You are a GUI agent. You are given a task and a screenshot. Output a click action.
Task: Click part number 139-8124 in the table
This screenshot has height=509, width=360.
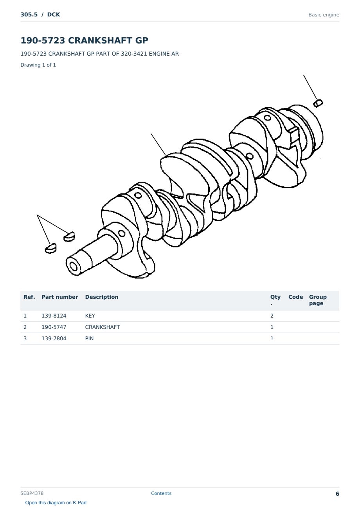click(x=54, y=316)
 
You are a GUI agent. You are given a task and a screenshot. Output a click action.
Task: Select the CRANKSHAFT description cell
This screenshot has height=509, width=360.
click(x=102, y=327)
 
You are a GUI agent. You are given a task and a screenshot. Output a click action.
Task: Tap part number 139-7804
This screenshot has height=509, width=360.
click(x=54, y=338)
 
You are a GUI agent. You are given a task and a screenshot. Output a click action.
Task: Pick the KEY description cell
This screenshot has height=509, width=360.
click(x=90, y=316)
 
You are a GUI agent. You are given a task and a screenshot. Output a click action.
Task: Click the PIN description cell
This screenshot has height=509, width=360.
click(x=89, y=338)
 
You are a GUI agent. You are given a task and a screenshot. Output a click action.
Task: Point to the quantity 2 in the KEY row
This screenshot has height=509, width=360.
click(x=272, y=316)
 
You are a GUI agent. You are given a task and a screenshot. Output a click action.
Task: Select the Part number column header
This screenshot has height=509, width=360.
click(x=60, y=297)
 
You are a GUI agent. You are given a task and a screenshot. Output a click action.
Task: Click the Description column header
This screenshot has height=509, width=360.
click(x=102, y=297)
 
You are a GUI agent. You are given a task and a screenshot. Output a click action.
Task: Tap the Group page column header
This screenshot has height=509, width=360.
click(x=318, y=300)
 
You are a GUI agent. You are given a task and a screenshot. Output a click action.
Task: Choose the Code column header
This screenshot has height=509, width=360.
click(x=295, y=297)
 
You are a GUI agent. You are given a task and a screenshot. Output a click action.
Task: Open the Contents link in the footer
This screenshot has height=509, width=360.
click(x=161, y=493)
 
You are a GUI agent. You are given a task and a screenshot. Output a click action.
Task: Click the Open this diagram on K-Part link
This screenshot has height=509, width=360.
click(x=56, y=503)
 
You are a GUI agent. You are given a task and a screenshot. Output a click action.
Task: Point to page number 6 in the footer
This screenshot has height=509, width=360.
click(x=337, y=494)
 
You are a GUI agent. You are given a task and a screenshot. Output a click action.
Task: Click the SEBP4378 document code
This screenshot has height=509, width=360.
click(x=32, y=493)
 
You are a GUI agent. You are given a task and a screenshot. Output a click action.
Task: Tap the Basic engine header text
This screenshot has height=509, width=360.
click(x=324, y=15)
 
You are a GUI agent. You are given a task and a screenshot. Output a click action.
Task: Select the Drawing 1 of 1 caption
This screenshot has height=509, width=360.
click(x=38, y=65)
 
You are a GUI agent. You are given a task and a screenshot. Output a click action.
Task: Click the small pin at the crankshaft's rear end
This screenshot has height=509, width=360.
click(x=318, y=103)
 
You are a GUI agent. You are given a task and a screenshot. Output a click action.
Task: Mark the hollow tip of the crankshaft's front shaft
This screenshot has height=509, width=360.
click(x=73, y=266)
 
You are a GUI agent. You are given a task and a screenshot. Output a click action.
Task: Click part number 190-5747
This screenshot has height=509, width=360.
click(x=54, y=327)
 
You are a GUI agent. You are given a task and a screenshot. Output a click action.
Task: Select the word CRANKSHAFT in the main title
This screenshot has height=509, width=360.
click(x=100, y=40)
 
